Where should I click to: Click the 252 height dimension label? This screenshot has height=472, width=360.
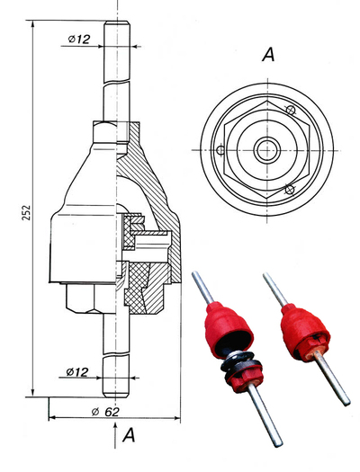point(26,212)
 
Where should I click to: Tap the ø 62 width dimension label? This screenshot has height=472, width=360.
point(105,412)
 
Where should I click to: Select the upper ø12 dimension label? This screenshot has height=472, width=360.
point(79,40)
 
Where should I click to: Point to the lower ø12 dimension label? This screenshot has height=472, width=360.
point(77,372)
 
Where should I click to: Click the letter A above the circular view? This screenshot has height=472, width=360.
point(268,55)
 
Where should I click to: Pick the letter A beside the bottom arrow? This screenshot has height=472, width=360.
point(129,434)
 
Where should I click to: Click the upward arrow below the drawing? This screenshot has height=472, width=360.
point(115,435)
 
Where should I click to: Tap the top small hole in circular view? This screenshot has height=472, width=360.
point(290,110)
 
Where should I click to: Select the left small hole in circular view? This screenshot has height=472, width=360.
point(220,149)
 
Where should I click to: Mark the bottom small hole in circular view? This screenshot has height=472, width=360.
point(290,190)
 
